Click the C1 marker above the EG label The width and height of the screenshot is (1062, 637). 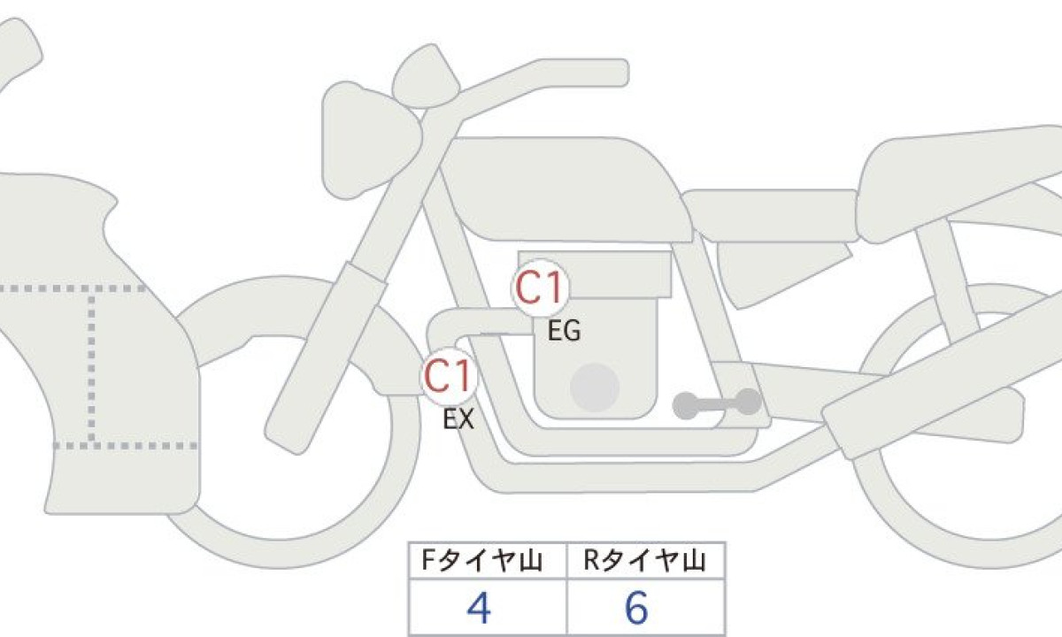(x=541, y=288)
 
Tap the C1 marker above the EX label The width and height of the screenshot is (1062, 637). (x=449, y=376)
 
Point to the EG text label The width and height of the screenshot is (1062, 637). (x=565, y=331)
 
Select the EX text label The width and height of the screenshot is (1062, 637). (x=458, y=419)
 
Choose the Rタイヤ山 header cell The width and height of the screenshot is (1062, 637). (x=646, y=561)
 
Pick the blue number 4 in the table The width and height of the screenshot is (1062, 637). (x=479, y=608)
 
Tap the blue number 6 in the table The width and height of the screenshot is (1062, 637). (x=636, y=608)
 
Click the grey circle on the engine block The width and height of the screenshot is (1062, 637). (x=595, y=388)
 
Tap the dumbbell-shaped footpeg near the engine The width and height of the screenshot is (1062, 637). (x=717, y=403)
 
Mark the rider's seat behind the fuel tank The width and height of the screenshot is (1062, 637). (x=771, y=216)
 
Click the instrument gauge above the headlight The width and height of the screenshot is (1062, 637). (x=426, y=76)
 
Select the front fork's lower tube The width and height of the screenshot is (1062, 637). (x=325, y=357)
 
